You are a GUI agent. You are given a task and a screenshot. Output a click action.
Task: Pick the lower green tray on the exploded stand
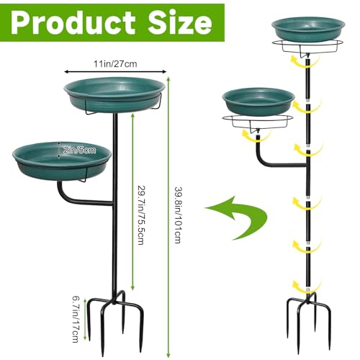point(258,100)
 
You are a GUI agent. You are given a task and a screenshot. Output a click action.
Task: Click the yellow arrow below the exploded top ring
point(309,66)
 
